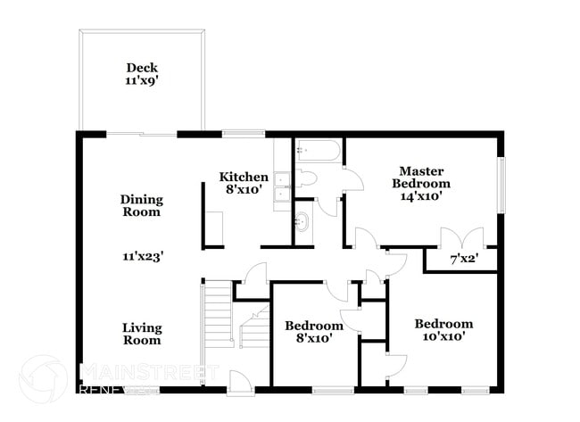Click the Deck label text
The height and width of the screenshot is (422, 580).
[142, 67]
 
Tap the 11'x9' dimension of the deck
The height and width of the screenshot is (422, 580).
[142, 80]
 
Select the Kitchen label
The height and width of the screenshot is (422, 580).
[244, 177]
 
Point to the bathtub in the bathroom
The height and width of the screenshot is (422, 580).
[318, 149]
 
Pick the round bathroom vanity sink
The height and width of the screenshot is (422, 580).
[302, 222]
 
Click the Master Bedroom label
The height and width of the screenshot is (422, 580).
[421, 177]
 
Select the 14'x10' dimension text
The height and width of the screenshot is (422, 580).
[421, 196]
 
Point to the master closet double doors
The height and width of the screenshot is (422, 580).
[461, 238]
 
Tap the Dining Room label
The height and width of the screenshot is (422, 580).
[142, 205]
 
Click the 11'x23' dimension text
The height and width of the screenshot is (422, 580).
[143, 256]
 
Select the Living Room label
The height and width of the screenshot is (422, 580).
[142, 334]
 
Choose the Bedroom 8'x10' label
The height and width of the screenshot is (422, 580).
[313, 332]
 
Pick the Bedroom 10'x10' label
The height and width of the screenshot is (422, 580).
[443, 330]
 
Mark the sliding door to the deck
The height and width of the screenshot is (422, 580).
[142, 134]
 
